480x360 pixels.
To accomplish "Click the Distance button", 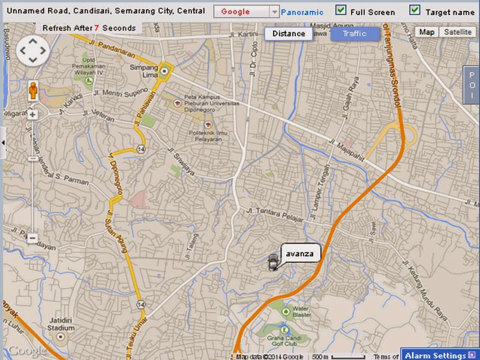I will (289, 34).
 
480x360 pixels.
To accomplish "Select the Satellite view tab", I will (458, 32).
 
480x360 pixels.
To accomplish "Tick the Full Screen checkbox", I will (341, 10).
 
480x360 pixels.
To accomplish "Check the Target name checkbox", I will (415, 10).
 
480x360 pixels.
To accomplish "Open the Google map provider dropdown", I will (274, 12).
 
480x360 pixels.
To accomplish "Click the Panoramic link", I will (302, 12).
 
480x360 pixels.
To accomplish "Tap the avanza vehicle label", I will (301, 252).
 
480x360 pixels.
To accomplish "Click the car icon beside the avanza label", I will (274, 262).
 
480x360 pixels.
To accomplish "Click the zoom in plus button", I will (32, 114).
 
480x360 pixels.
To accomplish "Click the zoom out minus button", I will (32, 238).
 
